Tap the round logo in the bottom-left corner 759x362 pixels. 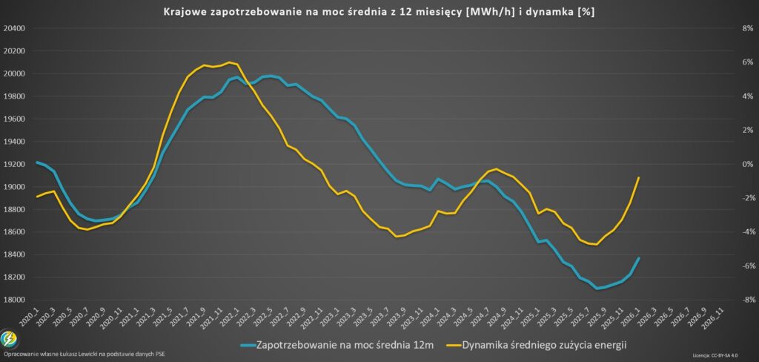click(x=10, y=339)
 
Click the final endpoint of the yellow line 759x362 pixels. click(x=638, y=177)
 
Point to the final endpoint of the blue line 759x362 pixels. click(x=638, y=258)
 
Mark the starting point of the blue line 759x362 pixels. click(x=37, y=162)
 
